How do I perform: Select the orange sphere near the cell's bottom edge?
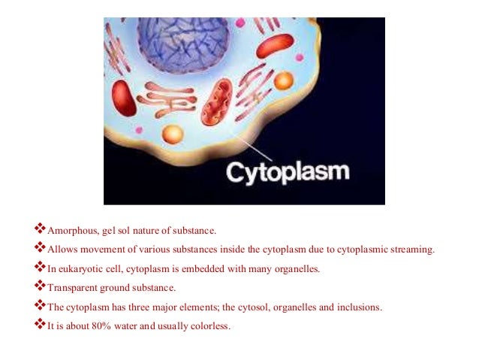point(173,135)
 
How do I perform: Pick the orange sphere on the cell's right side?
point(283,80)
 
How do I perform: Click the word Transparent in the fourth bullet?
point(71,287)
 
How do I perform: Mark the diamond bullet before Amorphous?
point(41,228)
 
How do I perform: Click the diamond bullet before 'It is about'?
point(41,325)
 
